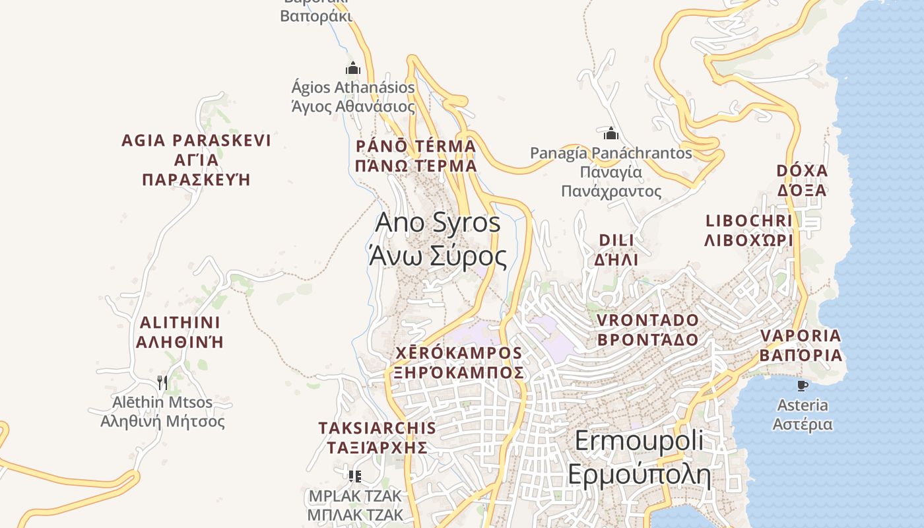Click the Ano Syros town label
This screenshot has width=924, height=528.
pyautogui.click(x=438, y=239)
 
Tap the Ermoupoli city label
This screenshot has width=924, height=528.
pyautogui.click(x=639, y=457)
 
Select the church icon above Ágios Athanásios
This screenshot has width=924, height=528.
pyautogui.click(x=353, y=68)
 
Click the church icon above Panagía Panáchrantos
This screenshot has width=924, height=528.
pyautogui.click(x=611, y=134)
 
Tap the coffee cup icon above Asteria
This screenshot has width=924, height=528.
pyautogui.click(x=803, y=385)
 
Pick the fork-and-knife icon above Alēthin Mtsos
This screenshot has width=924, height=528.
pyautogui.click(x=162, y=382)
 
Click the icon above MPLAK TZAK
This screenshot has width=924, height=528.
pyautogui.click(x=355, y=476)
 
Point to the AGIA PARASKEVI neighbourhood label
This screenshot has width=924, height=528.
pyautogui.click(x=196, y=160)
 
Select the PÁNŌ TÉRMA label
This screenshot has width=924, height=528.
pyautogui.click(x=416, y=156)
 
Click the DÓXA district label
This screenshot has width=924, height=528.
pyautogui.click(x=802, y=180)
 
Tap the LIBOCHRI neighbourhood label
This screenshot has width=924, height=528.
pyautogui.click(x=748, y=230)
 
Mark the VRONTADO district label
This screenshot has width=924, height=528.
pyautogui.click(x=647, y=329)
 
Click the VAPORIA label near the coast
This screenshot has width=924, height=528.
pyautogui.click(x=801, y=345)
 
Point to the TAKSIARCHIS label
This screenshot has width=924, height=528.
pyautogui.click(x=377, y=437)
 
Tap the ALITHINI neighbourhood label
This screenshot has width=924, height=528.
pyautogui.click(x=180, y=332)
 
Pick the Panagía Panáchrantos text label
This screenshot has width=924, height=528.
pyautogui.click(x=611, y=172)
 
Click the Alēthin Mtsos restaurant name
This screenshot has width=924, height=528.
pyautogui.click(x=162, y=411)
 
